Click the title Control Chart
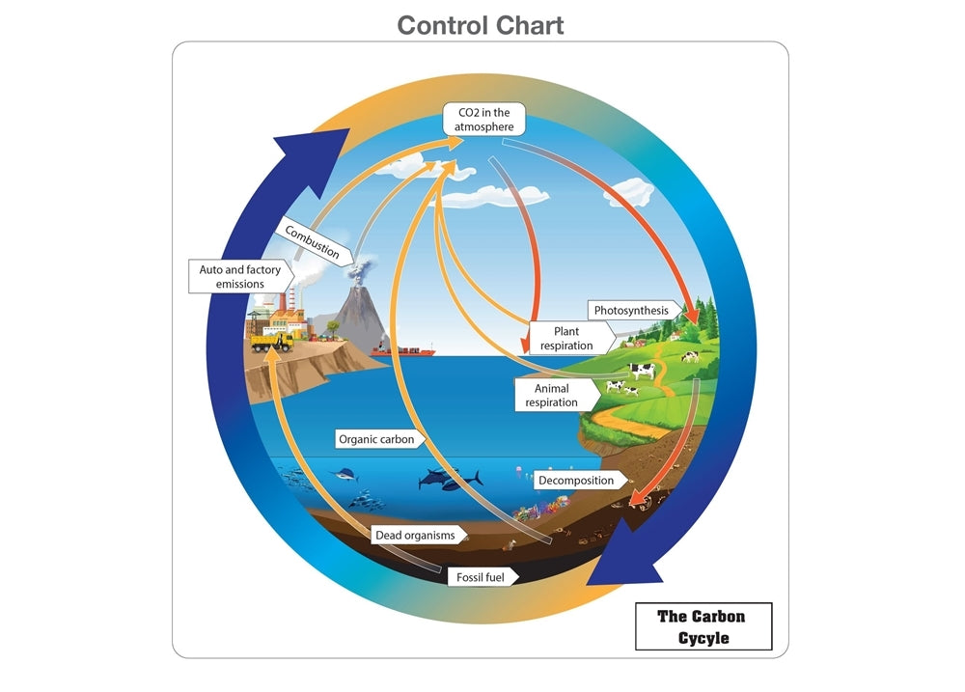click(481, 24)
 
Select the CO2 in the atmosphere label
click(484, 120)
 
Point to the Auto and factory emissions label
click(240, 277)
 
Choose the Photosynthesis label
click(631, 311)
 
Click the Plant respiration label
click(566, 339)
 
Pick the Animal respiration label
click(552, 395)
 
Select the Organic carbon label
click(376, 439)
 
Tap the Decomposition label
click(576, 480)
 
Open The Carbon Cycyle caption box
click(703, 626)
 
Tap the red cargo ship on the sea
click(408, 351)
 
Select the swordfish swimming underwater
click(343, 475)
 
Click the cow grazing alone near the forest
click(690, 356)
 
